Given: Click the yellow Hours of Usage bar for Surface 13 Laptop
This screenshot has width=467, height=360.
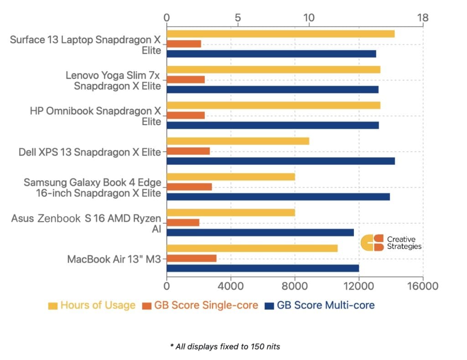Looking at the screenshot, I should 280,34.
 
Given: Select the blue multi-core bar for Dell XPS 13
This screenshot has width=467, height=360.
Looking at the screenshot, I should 280,161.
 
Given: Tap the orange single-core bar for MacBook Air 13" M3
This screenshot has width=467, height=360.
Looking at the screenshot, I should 192,258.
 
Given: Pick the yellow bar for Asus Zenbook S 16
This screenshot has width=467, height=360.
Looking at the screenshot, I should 231,212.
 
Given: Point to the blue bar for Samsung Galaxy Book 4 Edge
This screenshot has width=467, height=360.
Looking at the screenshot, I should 278,196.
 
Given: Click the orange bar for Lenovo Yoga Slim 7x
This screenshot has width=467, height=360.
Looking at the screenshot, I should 186,80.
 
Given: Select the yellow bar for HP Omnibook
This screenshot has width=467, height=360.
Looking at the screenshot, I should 273,105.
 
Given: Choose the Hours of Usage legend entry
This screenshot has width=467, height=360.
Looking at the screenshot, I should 92,305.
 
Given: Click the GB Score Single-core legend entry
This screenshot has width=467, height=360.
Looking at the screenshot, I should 201,305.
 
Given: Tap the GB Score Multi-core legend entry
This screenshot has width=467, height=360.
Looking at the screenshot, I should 320,305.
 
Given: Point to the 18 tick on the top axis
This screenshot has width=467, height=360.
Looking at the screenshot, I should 423,18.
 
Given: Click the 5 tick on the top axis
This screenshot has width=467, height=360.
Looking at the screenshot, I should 238,18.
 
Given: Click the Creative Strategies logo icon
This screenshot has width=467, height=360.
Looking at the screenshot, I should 372,242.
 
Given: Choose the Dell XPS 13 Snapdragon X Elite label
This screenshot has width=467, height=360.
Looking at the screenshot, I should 90,152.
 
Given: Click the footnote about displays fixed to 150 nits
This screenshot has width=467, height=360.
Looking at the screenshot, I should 225,347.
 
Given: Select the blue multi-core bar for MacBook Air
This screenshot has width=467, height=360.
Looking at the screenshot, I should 263,268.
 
